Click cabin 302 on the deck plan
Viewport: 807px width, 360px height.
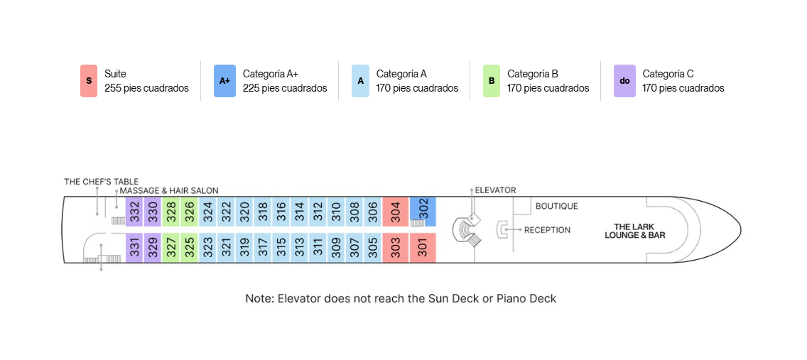point(423,211)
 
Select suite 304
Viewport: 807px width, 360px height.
point(395,212)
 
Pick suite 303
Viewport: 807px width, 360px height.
point(395,248)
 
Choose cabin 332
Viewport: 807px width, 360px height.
point(134,212)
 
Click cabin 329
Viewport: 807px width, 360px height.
point(152,248)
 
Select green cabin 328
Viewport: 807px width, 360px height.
point(171,212)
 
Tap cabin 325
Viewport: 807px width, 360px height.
point(190,248)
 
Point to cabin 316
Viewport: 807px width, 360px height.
point(281,212)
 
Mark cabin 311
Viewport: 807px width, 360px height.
point(318,248)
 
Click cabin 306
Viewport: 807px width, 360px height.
point(373,212)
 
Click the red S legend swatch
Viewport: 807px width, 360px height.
point(89,81)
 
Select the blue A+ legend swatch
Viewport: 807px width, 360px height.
point(225,81)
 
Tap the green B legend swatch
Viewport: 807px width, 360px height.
point(492,81)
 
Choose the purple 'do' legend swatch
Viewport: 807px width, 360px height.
point(625,81)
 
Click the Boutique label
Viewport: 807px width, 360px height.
point(557,206)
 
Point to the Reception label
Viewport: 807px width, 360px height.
point(547,230)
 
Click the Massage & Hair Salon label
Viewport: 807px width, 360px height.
point(169,190)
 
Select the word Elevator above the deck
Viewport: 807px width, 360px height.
point(495,190)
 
